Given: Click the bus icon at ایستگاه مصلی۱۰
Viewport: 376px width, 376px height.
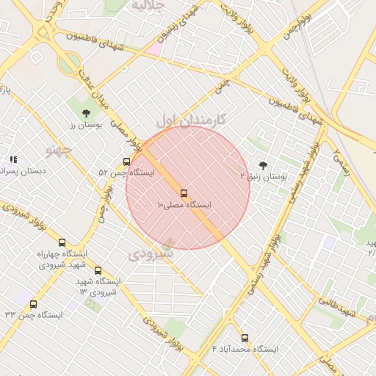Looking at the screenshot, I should click(x=184, y=194).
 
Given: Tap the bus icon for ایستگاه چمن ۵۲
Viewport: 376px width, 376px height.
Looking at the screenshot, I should click(x=126, y=162).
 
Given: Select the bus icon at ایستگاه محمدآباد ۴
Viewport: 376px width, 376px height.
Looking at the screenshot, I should click(x=245, y=339).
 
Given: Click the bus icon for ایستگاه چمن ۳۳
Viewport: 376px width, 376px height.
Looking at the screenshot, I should click(x=33, y=304).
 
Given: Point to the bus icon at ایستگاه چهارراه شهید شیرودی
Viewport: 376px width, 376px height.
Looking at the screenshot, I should click(x=61, y=242).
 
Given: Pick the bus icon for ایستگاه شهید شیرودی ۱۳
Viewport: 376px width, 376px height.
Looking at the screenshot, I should click(x=98, y=270).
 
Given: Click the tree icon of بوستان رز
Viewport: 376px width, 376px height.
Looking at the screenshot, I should click(x=87, y=113).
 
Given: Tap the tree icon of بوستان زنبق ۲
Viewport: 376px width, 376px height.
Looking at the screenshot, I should click(x=264, y=165).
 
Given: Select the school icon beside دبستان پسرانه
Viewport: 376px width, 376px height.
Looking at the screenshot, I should click(x=13, y=159).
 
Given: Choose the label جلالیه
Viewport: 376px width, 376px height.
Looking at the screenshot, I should click(x=152, y=7).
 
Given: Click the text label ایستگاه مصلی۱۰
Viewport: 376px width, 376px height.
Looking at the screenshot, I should click(x=184, y=206).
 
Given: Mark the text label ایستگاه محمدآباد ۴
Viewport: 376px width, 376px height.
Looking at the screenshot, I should click(x=245, y=348).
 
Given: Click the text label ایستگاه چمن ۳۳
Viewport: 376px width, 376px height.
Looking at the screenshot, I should click(x=34, y=314).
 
